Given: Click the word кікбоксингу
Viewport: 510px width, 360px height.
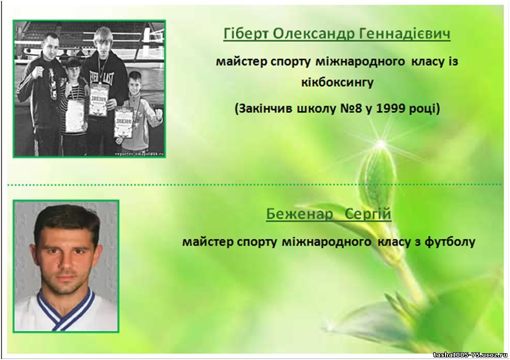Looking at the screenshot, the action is tap(337, 83).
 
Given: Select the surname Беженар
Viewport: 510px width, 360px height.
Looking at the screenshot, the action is tap(300, 214).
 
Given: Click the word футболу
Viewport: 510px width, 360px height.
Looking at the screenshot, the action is tap(450, 242).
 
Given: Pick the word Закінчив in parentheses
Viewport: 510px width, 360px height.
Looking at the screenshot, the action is tap(263, 108).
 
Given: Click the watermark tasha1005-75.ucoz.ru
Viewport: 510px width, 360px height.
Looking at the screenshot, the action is tap(470, 354).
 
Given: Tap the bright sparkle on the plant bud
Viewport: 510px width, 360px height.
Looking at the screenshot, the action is tap(381, 143).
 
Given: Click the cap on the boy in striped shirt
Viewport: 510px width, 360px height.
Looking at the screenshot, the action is tap(72, 62).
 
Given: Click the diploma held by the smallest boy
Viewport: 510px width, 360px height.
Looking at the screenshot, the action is tap(124, 122).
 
